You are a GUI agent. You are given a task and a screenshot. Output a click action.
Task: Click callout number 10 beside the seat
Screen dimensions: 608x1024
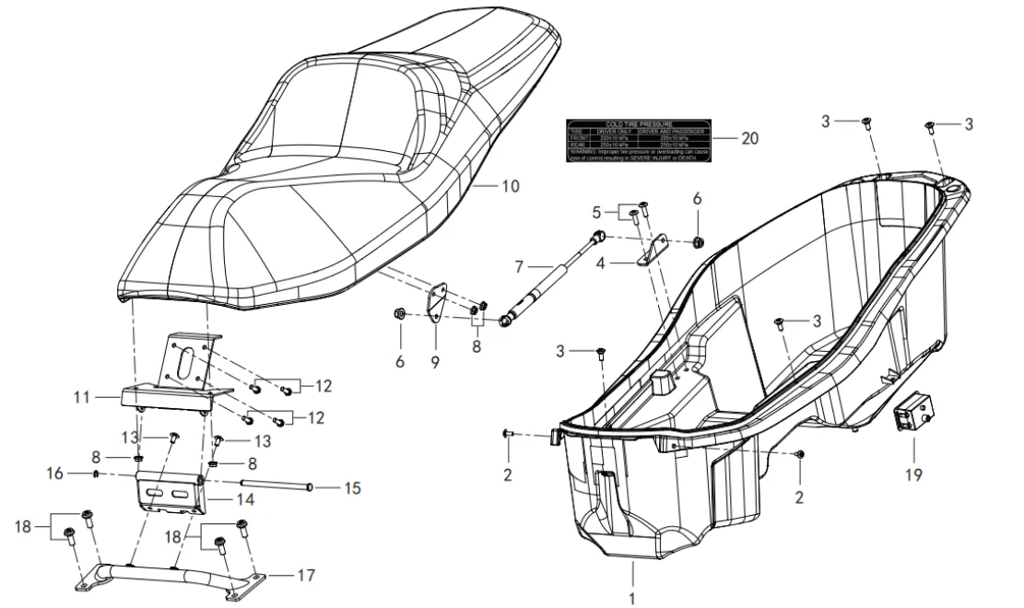[511, 185]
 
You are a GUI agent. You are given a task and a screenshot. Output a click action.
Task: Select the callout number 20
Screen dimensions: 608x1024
[749, 139]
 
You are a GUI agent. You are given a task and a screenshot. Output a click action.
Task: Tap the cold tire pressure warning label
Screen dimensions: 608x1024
[638, 140]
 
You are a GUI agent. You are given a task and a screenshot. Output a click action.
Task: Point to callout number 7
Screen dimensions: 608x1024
[519, 267]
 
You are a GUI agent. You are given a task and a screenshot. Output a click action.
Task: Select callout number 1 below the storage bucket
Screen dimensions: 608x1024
[632, 599]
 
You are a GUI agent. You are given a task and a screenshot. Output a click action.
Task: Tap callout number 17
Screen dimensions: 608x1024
[307, 576]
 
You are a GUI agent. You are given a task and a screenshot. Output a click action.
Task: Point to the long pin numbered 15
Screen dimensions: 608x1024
[277, 485]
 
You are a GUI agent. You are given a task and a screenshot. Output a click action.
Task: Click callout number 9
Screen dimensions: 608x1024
[435, 362]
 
